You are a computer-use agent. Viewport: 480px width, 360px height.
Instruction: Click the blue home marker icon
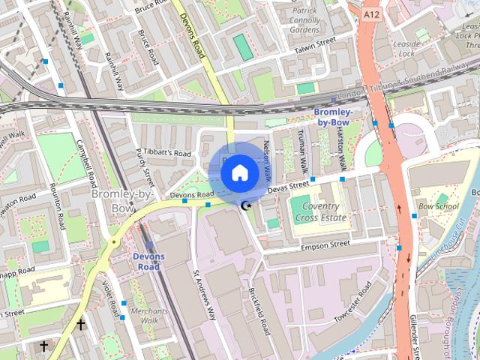(x=239, y=173)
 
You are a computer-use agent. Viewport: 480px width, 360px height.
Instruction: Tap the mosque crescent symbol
(x=245, y=205)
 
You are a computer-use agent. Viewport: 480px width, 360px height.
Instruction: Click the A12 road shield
(x=370, y=14)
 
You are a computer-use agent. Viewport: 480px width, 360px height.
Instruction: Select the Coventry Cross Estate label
(x=319, y=212)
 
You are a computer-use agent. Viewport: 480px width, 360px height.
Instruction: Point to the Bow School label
(x=438, y=206)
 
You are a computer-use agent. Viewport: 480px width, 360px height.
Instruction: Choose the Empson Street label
(x=325, y=244)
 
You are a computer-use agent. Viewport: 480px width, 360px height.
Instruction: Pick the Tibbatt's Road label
(x=166, y=153)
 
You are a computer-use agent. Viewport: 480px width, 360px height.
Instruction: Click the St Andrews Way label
(x=204, y=293)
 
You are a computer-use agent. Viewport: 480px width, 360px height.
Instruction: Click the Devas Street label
(x=288, y=184)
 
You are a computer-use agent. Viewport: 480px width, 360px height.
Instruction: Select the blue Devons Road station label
(x=148, y=262)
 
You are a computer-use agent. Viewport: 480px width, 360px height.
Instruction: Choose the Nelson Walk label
(x=266, y=163)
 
